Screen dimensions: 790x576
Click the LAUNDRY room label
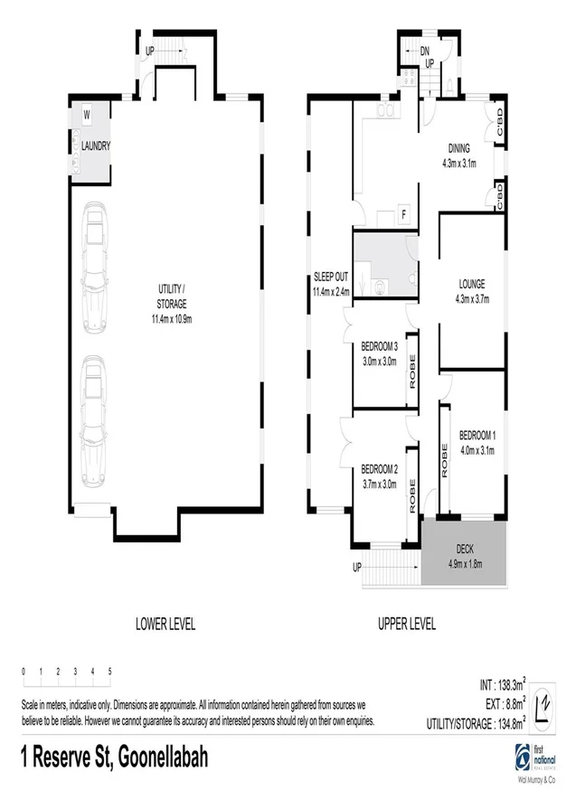coord(96,145)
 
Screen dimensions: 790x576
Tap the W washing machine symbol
coord(87,116)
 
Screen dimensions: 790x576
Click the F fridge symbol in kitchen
coord(403,214)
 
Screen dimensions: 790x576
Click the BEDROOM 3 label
coord(380,346)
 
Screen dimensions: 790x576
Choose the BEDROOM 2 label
coord(380,468)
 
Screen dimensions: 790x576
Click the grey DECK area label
coord(464,550)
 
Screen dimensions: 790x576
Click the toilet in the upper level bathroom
coord(381,287)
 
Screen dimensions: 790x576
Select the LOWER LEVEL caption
coord(165,624)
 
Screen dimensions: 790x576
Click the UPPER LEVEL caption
coord(405,624)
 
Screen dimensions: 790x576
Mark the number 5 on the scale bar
coord(109,672)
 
